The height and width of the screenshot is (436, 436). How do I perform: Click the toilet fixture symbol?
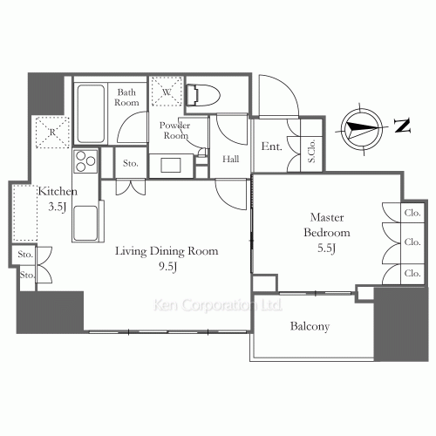[202, 95]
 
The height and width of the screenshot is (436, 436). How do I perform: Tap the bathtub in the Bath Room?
[91, 113]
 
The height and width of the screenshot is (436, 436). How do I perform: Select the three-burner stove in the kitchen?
[85, 161]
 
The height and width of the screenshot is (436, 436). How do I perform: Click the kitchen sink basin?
[85, 223]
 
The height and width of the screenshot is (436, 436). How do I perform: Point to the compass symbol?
[362, 129]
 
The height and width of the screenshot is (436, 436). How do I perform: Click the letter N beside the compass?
[402, 126]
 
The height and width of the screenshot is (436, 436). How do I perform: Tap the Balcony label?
[310, 326]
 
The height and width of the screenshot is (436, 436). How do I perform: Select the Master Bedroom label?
[327, 225]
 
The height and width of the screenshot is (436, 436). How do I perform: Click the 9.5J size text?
[167, 267]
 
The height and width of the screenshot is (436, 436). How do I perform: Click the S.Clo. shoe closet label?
[311, 151]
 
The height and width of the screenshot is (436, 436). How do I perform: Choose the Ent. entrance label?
[271, 146]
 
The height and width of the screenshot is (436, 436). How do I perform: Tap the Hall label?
[231, 159]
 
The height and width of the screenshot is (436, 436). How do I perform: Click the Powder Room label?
[175, 130]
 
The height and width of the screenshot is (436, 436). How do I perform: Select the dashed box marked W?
[167, 92]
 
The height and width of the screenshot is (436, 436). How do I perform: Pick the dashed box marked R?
[52, 133]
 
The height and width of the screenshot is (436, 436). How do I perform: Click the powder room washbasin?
[171, 166]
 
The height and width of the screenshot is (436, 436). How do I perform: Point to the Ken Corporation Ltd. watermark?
[218, 305]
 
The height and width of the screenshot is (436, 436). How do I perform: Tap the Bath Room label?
[126, 98]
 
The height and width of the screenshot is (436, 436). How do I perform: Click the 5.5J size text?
[327, 249]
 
